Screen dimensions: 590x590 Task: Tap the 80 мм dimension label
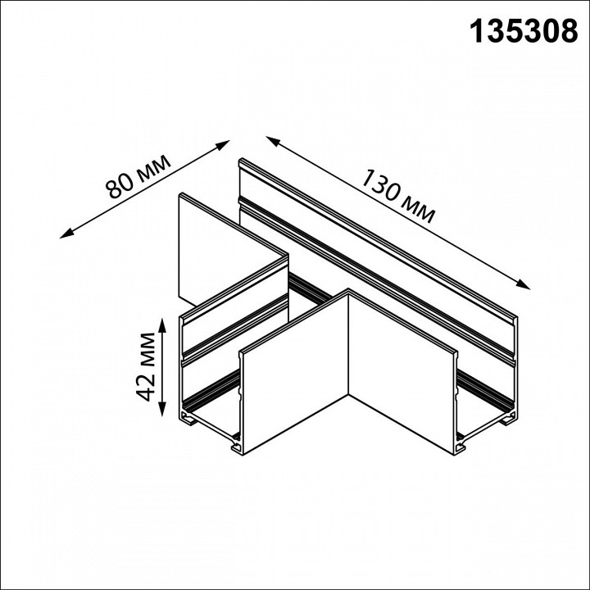[x=138, y=177]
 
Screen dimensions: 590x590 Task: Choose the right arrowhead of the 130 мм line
[x=525, y=286]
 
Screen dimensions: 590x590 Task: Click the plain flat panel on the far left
[x=221, y=246]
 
